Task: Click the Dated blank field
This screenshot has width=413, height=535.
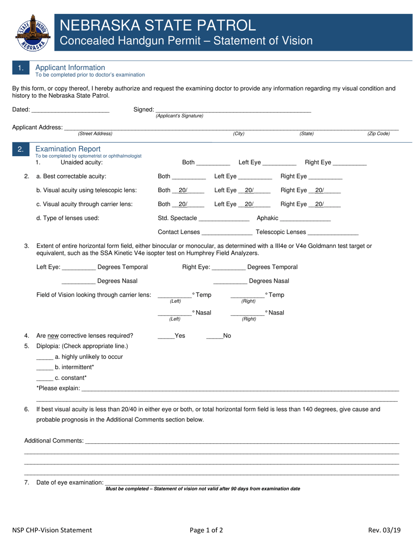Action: pyautogui.click(x=70, y=110)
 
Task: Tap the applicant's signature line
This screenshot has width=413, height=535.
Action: pyautogui.click(x=233, y=110)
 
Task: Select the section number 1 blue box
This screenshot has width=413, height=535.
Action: pyautogui.click(x=21, y=68)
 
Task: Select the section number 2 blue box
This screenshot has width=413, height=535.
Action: pyautogui.click(x=21, y=150)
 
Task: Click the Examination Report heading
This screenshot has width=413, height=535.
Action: pyautogui.click(x=68, y=149)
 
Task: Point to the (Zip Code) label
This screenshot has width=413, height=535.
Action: pyautogui.click(x=379, y=134)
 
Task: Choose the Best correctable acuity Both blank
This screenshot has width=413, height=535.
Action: pyautogui.click(x=189, y=177)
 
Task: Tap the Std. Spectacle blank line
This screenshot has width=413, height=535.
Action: pyautogui.click(x=224, y=219)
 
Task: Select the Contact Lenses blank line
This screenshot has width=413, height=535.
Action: pyautogui.click(x=227, y=233)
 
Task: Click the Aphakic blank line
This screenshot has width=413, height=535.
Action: pyautogui.click(x=306, y=219)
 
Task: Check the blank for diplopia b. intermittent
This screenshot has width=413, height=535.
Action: pyautogui.click(x=44, y=368)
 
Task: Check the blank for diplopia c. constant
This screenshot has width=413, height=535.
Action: pyautogui.click(x=44, y=378)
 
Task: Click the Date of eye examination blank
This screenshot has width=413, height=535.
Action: pyautogui.click(x=163, y=483)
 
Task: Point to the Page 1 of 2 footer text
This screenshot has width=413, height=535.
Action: pyautogui.click(x=206, y=530)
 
